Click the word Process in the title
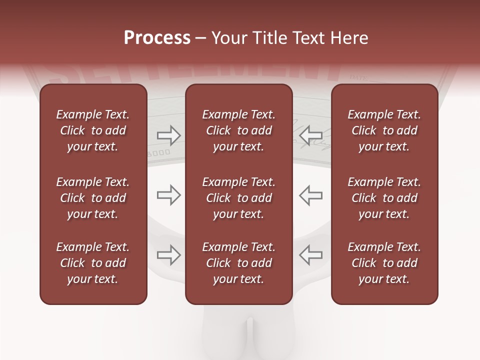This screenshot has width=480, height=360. (x=157, y=38)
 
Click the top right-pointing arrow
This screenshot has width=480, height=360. (x=168, y=135)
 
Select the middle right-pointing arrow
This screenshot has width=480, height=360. (x=168, y=195)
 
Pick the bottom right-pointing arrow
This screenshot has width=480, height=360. (x=168, y=255)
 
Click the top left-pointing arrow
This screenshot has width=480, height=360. (x=310, y=135)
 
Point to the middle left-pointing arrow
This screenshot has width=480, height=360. (x=310, y=195)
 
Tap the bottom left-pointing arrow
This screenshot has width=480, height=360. (x=310, y=255)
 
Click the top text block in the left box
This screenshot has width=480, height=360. (x=93, y=130)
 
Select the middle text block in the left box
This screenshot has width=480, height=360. (x=93, y=198)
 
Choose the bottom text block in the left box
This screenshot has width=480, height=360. (x=93, y=263)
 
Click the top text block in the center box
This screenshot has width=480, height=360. (x=238, y=130)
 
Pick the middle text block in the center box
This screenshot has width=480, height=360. (x=238, y=198)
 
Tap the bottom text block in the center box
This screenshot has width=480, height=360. (x=238, y=263)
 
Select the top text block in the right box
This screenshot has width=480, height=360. (x=384, y=130)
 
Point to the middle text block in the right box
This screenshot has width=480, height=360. (x=384, y=198)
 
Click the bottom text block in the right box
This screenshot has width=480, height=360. (x=384, y=263)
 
